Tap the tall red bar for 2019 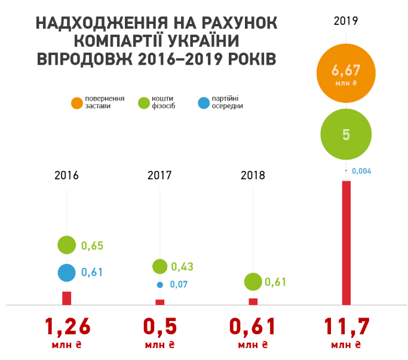point(346,242)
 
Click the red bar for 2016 point(67,298)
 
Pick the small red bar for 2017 point(160,301)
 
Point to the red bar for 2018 point(253,301)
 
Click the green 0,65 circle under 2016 point(67,245)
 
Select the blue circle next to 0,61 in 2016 point(67,272)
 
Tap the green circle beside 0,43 point(160,266)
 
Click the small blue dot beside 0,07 point(160,285)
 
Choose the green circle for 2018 point(253,282)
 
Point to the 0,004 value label point(362,171)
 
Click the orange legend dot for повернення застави point(76,103)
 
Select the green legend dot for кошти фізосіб point(143,103)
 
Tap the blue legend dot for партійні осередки point(203,103)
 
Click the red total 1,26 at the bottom point(68,327)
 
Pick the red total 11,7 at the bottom point(346,327)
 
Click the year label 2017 point(159,175)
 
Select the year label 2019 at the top point(346,21)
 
